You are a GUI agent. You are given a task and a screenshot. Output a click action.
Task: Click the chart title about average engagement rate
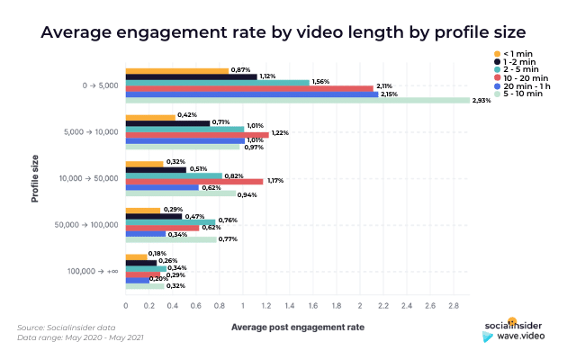point(283,33)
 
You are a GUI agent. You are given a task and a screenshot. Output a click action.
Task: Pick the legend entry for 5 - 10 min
point(517,94)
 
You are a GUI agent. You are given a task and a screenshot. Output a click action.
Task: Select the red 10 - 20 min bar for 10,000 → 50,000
point(194,180)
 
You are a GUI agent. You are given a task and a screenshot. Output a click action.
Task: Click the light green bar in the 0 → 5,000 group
point(297,101)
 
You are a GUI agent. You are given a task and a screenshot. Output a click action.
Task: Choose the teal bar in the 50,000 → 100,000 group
point(170,220)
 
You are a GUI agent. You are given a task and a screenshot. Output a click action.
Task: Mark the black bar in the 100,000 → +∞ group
point(141,262)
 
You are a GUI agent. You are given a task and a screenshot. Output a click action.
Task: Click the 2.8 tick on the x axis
point(454,306)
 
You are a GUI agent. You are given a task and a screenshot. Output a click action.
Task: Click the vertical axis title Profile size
point(35,177)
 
